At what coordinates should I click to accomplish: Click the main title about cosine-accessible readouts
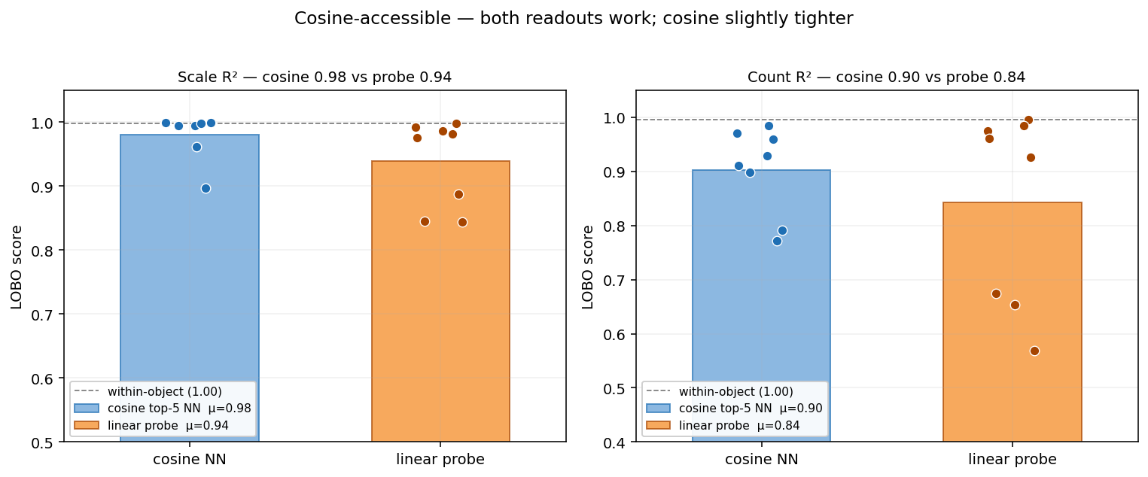pos(574,19)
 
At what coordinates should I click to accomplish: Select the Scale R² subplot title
pos(315,77)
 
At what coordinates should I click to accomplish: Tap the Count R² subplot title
pos(886,77)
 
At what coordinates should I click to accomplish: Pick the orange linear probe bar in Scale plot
pos(440,301)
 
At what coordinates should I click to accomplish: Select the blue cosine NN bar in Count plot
pos(761,301)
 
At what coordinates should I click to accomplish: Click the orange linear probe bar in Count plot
pos(1012,324)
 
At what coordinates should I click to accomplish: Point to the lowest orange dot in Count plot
pos(1034,351)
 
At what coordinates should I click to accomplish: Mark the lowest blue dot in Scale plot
pos(206,188)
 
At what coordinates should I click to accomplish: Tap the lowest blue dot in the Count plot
pos(777,241)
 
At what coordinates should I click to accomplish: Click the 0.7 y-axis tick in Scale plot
pos(42,314)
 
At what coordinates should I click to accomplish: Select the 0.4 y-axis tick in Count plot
pos(614,442)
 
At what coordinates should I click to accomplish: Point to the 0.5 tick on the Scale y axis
pos(42,442)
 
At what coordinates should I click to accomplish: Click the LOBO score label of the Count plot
pos(589,266)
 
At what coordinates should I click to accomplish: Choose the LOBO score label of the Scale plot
pos(17,266)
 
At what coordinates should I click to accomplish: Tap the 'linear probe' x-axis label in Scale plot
pos(440,460)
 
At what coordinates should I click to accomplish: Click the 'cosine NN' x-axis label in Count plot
pos(761,460)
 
